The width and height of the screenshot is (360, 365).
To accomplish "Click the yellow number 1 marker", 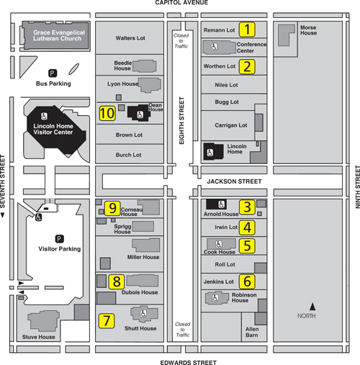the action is [x=247, y=30].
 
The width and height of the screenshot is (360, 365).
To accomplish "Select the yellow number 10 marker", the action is [x=107, y=113].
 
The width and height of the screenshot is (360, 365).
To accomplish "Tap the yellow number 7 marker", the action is [x=107, y=321].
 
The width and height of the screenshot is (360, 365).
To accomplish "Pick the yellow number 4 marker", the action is [x=247, y=227].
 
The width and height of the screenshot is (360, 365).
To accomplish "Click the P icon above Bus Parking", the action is [x=53, y=73].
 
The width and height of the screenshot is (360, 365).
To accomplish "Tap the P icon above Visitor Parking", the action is [x=59, y=239].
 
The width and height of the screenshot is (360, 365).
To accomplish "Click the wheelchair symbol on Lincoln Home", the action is [x=210, y=153].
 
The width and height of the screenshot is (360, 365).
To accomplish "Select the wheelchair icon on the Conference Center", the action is [x=214, y=47].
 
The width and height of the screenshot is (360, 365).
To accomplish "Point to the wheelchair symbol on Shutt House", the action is [x=143, y=313].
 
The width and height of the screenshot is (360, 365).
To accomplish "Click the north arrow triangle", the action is [x=312, y=307].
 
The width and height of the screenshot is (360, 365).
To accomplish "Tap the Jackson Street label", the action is [x=234, y=181].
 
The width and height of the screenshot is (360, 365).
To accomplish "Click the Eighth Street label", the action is [x=181, y=120].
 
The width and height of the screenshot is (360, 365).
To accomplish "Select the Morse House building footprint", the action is [x=286, y=35].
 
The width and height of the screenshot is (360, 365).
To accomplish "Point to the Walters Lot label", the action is [x=130, y=38].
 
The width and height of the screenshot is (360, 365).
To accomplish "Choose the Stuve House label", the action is [x=39, y=337].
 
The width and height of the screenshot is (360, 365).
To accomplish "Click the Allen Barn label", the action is [x=252, y=332].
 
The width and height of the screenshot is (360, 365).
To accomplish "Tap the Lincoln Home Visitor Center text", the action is [x=53, y=129].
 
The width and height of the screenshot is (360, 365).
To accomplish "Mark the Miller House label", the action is [x=143, y=257].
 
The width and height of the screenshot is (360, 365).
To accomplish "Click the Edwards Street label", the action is [x=189, y=362].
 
